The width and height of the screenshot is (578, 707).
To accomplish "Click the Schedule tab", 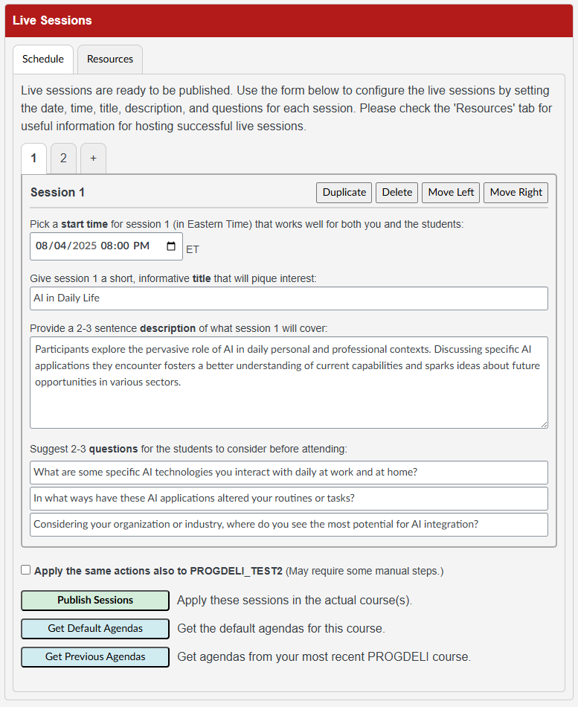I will [43, 60].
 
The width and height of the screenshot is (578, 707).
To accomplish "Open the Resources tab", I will [110, 60].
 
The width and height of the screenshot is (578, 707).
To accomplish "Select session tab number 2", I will [63, 159].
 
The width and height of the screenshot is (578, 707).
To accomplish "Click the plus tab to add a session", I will [93, 159].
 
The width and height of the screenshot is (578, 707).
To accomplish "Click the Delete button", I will [396, 193].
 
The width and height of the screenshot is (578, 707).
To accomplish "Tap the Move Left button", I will [451, 193].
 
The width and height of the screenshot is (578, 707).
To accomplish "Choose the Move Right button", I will [516, 193].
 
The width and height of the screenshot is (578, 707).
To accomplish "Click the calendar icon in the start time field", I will [171, 246].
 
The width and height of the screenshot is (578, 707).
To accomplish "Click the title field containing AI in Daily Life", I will [289, 298].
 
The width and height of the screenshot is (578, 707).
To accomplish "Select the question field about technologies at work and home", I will [289, 473].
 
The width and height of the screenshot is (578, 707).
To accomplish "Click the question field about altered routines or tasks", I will [289, 499].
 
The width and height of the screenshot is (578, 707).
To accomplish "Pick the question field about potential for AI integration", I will [289, 525].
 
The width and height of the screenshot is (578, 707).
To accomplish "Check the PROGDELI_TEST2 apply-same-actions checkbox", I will [26, 570].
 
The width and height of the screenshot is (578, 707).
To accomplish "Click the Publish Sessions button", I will [95, 601].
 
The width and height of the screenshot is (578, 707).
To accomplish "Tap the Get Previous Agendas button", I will [95, 657].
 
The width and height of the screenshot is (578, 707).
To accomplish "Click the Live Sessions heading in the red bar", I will [52, 21].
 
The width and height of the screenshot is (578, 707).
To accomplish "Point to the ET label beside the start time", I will [193, 249].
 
